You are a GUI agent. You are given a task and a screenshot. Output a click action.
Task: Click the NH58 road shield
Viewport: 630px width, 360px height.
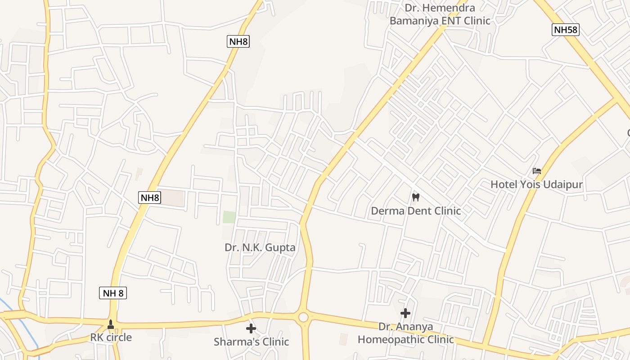[x=565, y=30]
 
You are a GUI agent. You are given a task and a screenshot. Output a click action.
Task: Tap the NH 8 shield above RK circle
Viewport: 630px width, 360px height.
[x=112, y=293]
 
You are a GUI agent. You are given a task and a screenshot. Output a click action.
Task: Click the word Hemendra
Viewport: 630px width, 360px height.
[x=452, y=8]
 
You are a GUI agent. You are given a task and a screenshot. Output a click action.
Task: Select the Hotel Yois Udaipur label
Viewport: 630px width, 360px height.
[x=536, y=184]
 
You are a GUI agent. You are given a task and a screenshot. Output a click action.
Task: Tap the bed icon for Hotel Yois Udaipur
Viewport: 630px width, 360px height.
[x=536, y=171]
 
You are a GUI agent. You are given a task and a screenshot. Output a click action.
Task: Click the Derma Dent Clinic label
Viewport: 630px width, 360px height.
[x=416, y=211]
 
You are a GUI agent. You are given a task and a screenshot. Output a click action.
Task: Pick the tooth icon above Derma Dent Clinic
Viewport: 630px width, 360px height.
[x=416, y=197]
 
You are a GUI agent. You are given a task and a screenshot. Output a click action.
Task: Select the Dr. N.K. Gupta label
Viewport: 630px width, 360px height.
[x=260, y=247]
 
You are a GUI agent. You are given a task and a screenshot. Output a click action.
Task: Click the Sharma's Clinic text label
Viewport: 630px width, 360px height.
[x=251, y=342]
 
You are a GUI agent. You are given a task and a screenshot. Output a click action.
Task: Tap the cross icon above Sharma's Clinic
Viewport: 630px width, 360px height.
[x=251, y=328]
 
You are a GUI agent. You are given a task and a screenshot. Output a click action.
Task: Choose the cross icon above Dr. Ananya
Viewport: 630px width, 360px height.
[x=405, y=313]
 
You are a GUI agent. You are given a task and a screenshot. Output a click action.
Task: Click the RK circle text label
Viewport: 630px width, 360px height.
[x=111, y=337]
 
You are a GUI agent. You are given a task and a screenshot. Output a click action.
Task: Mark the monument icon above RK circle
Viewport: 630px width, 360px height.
[x=111, y=324]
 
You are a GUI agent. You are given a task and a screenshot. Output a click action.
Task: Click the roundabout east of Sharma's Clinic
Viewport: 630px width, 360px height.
[x=303, y=317]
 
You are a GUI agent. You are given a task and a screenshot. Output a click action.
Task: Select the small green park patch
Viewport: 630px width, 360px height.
[x=229, y=217]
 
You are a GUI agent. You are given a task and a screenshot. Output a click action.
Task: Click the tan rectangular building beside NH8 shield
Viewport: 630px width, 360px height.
[x=172, y=198]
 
